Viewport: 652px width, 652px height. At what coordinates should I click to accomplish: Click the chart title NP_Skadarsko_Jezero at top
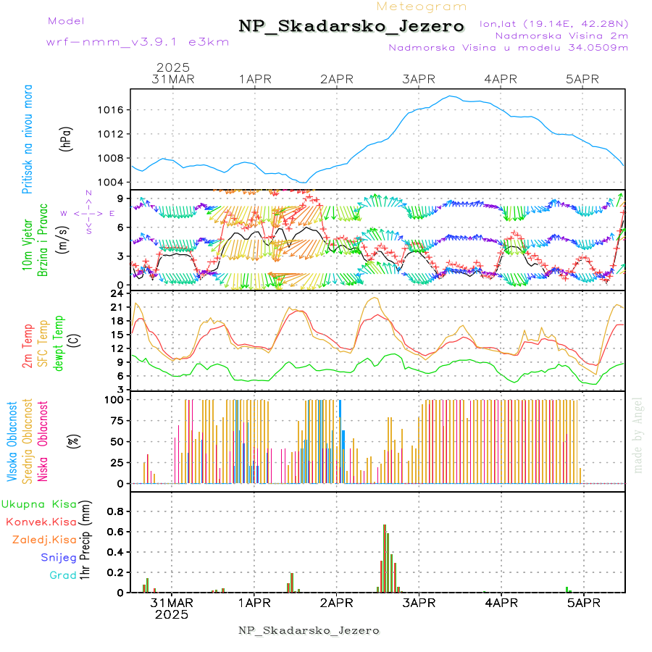[351, 27]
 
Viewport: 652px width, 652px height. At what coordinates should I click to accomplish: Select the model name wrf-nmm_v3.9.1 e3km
[138, 41]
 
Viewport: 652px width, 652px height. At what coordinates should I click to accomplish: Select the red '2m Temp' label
[28, 346]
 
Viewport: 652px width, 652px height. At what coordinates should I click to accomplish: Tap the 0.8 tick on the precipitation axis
[114, 511]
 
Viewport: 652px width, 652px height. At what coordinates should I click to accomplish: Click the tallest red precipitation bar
[385, 558]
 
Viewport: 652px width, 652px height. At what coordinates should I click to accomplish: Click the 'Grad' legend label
[62, 576]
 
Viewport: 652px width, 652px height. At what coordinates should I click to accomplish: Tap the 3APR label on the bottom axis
[418, 602]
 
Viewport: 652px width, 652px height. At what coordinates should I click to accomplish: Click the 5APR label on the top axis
[583, 78]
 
